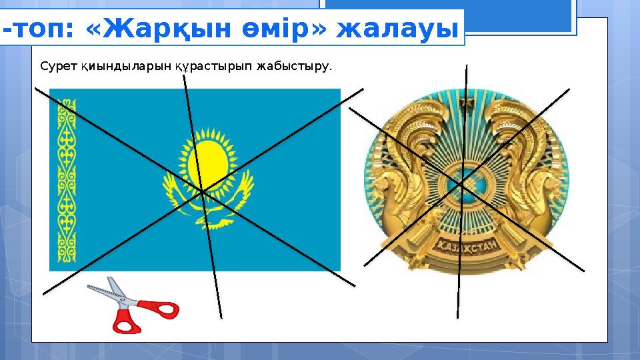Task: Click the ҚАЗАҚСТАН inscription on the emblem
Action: coord(467,246)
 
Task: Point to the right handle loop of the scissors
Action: coord(163,310)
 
